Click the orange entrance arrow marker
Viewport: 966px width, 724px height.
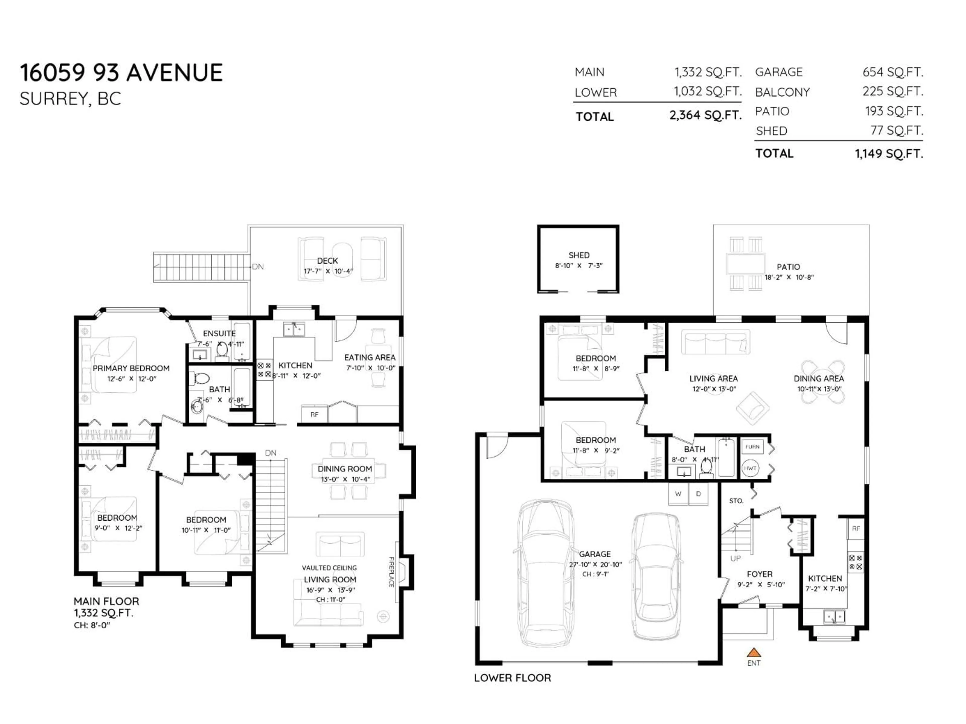(754, 652)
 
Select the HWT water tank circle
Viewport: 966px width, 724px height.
(750, 468)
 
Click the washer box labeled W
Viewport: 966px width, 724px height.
(678, 493)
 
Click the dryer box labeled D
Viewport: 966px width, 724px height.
(698, 493)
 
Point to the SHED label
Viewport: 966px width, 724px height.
(579, 255)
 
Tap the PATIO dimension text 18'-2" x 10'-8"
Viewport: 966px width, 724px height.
(789, 277)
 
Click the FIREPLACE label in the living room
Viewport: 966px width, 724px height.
(391, 572)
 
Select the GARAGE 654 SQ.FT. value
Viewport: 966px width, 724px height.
(892, 72)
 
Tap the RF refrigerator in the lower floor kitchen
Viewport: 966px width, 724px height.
(856, 528)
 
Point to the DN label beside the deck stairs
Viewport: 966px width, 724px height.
(258, 267)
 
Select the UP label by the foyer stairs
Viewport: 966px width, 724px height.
(735, 558)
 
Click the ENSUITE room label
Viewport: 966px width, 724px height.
(219, 333)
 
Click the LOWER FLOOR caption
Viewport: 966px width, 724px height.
(512, 678)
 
